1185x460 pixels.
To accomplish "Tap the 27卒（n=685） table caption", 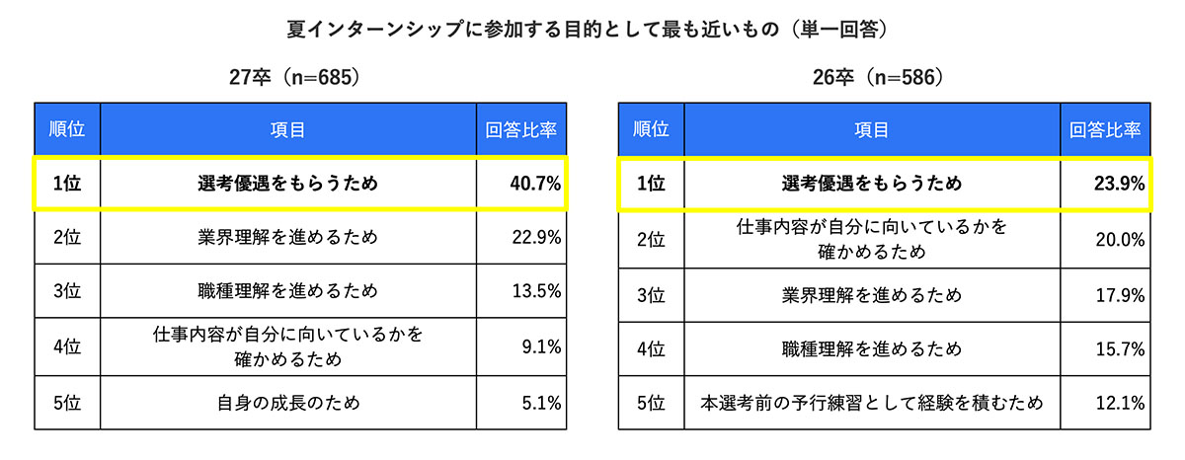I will (286, 75).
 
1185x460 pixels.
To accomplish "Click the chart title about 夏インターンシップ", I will (591, 28).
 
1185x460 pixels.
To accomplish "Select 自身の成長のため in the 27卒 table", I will (287, 402).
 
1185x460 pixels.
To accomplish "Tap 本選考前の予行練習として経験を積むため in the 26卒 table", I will (871, 403).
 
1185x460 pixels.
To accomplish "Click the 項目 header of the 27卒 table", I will (287, 128).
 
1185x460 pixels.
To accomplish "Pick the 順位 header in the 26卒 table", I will (651, 128).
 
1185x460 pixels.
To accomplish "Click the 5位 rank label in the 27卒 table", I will (67, 402).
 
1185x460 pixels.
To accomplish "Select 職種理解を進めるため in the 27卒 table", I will (287, 291).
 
